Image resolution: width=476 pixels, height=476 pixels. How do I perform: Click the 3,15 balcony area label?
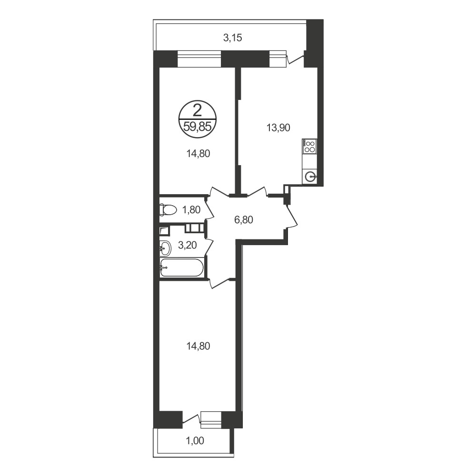coord(233,38)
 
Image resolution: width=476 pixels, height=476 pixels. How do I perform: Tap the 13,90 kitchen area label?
coord(278,128)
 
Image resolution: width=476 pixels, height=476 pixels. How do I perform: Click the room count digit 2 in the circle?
coord(198,110)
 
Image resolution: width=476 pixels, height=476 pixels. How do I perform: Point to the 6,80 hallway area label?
coord(243,220)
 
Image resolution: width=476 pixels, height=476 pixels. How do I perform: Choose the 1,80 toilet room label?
coord(191,209)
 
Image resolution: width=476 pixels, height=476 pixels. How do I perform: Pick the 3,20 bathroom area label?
coord(187,245)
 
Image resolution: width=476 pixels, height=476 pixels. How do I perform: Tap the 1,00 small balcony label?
coord(195,440)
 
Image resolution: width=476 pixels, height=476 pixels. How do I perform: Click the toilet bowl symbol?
coord(168,209)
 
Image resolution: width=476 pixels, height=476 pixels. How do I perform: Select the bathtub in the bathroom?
coord(181,268)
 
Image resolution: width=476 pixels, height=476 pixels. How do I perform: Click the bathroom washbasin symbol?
coord(165,248)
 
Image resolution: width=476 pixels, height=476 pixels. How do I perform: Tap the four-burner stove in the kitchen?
coord(309,146)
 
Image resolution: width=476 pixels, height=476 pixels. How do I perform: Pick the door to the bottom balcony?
coord(191,419)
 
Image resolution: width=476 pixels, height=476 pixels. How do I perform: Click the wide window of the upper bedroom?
coord(199,59)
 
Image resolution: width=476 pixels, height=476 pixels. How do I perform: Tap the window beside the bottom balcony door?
coord(211,420)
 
